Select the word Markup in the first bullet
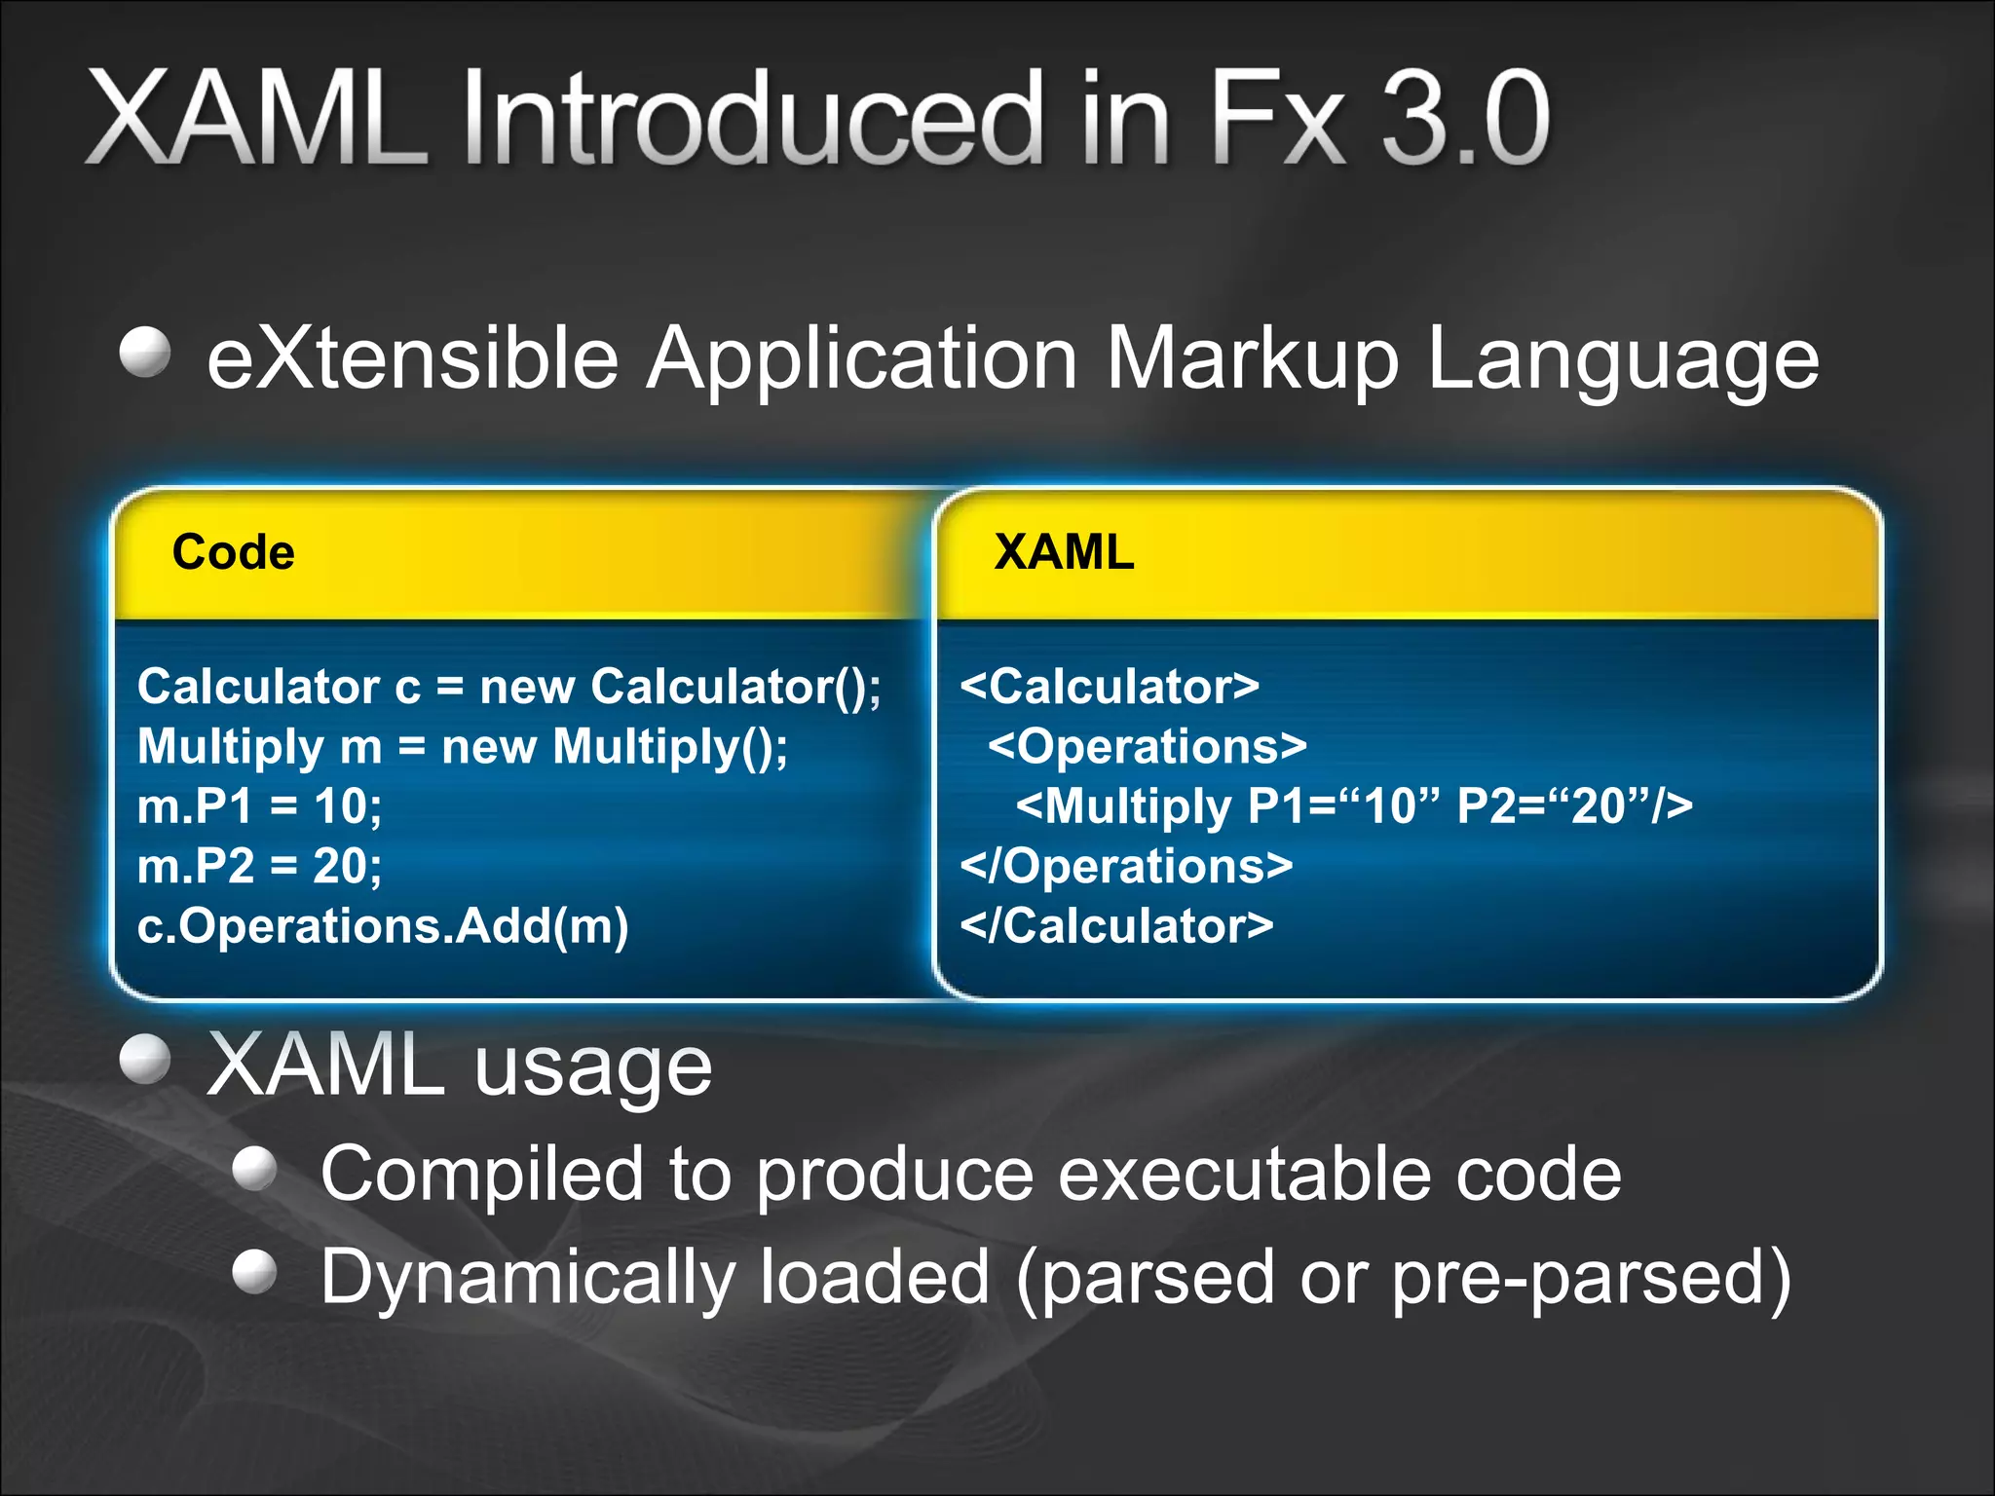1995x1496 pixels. tap(1253, 357)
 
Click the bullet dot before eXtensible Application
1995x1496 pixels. tap(145, 352)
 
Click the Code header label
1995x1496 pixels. tap(233, 552)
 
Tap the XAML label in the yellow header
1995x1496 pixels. tap(1063, 552)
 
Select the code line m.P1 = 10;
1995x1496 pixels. tap(259, 806)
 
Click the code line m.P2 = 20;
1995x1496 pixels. tap(259, 866)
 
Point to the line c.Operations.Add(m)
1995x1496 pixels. tap(383, 925)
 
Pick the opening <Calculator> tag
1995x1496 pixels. tap(1109, 687)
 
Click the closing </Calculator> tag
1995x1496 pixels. tap(1116, 925)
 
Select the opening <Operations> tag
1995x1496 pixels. tap(1147, 747)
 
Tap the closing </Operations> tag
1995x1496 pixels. tap(1126, 866)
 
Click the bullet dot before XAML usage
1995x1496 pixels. tap(145, 1059)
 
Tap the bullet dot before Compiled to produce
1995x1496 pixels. tap(256, 1168)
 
